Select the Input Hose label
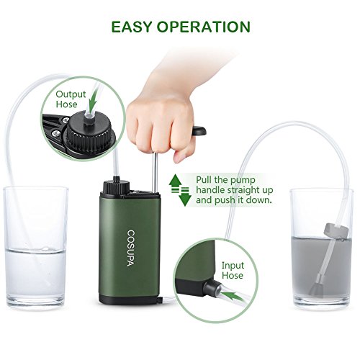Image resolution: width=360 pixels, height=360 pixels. [x=233, y=270]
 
